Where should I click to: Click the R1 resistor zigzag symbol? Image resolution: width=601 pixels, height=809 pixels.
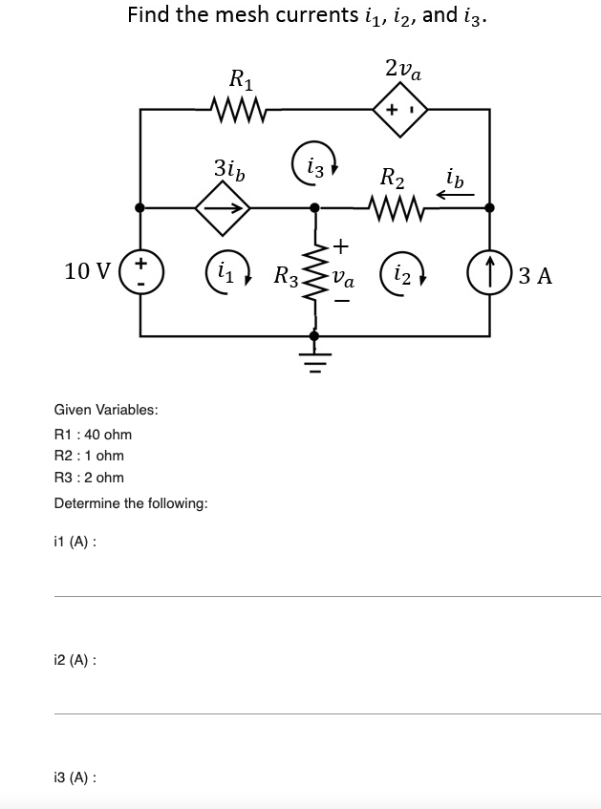(235, 109)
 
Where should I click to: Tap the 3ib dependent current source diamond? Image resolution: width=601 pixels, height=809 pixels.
(223, 207)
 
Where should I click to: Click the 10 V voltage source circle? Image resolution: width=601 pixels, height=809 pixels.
(141, 272)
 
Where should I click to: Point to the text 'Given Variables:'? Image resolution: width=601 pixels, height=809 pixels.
(106, 410)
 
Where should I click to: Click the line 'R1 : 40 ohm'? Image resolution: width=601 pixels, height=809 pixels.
(93, 434)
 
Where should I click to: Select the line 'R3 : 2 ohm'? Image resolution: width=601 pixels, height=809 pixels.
(89, 478)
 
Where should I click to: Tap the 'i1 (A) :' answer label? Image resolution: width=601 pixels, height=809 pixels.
(75, 542)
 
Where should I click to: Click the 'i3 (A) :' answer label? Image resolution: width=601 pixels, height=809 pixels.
(75, 777)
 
